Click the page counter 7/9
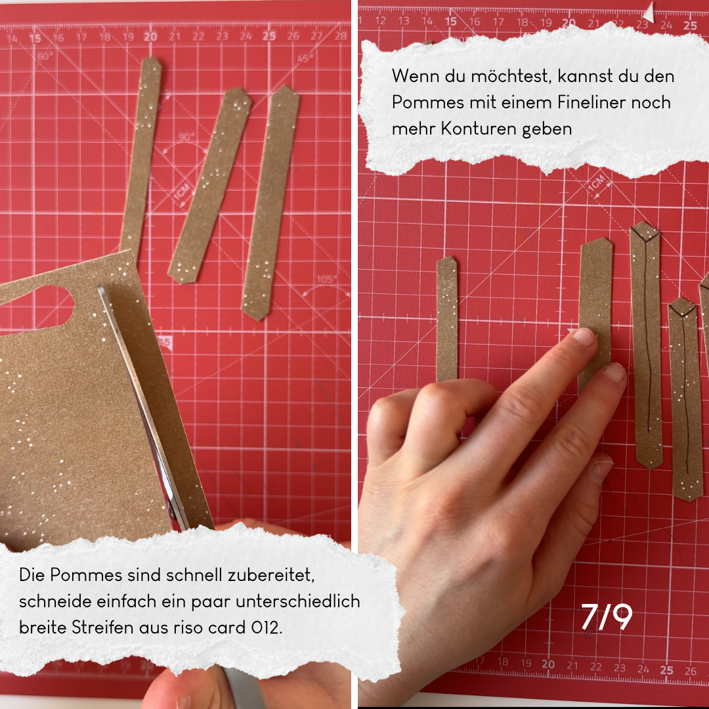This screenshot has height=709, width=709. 607,616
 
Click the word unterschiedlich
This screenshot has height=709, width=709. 298,601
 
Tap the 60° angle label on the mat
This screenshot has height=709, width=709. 45,56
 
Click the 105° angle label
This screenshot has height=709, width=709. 326,279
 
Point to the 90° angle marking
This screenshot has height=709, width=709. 186,137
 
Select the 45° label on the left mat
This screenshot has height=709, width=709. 305,58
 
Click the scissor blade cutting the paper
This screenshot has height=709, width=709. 144,407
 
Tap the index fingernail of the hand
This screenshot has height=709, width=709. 584,337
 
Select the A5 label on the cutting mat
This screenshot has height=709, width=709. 165,342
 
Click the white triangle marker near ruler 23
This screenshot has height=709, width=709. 649,12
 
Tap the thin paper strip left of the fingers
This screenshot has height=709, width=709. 447,319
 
